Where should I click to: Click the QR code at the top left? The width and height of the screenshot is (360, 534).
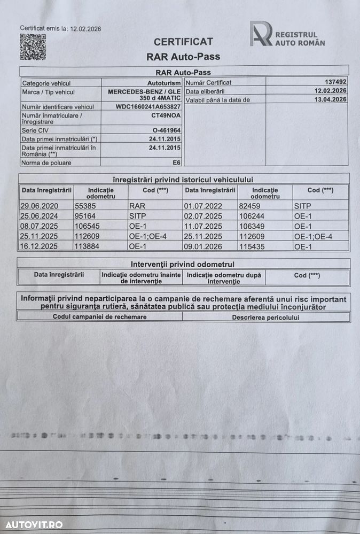coord(33,47)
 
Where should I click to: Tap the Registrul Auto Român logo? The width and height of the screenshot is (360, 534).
coord(288,34)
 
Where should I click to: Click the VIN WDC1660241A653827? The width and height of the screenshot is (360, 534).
coord(148,106)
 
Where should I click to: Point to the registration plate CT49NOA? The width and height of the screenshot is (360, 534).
coord(166,115)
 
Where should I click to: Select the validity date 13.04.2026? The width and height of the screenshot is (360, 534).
coord(331,99)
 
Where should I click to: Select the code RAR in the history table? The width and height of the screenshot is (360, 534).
coord(137,205)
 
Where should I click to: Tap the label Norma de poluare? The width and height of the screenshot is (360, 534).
coord(46,162)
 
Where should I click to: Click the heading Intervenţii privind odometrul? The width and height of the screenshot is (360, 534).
coord(183,264)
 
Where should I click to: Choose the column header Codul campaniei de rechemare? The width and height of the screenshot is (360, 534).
coord(99,316)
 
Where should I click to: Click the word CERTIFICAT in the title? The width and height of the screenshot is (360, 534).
coord(183,42)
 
